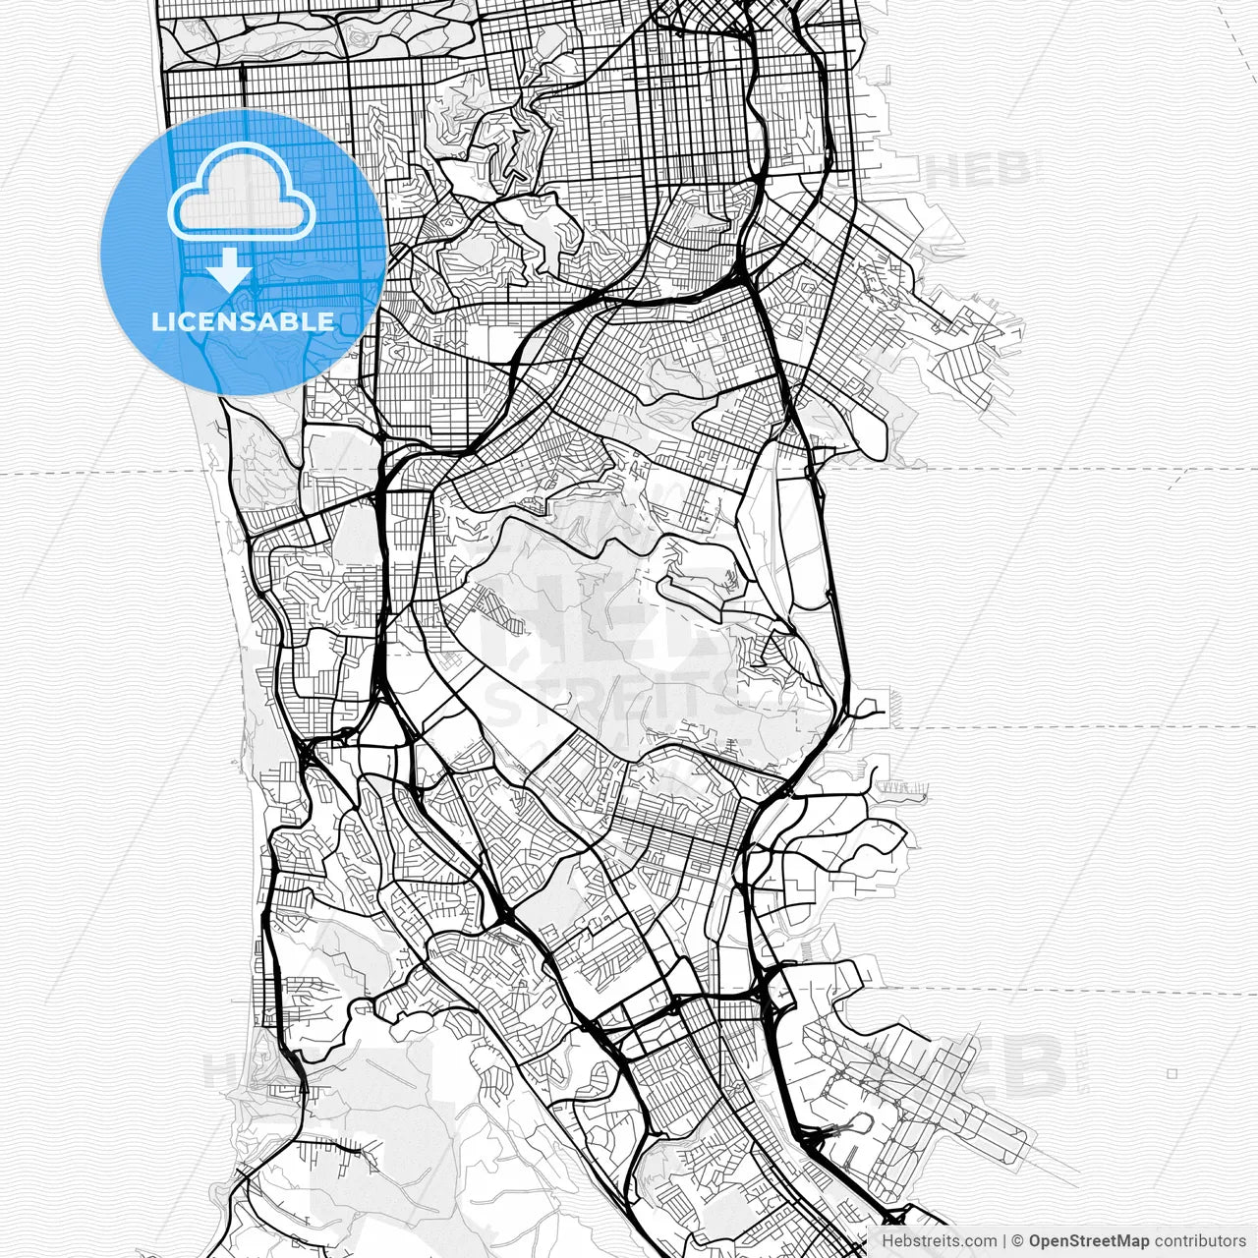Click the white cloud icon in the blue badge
(x=242, y=193)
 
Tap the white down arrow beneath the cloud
(x=229, y=269)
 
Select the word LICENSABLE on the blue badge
(x=243, y=321)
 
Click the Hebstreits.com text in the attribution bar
(x=939, y=1241)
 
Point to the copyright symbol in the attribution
(x=1018, y=1241)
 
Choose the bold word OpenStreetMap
(x=1089, y=1241)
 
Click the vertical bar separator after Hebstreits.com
(x=1004, y=1241)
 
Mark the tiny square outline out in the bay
(x=1172, y=1073)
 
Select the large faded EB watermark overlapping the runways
(x=1012, y=1066)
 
